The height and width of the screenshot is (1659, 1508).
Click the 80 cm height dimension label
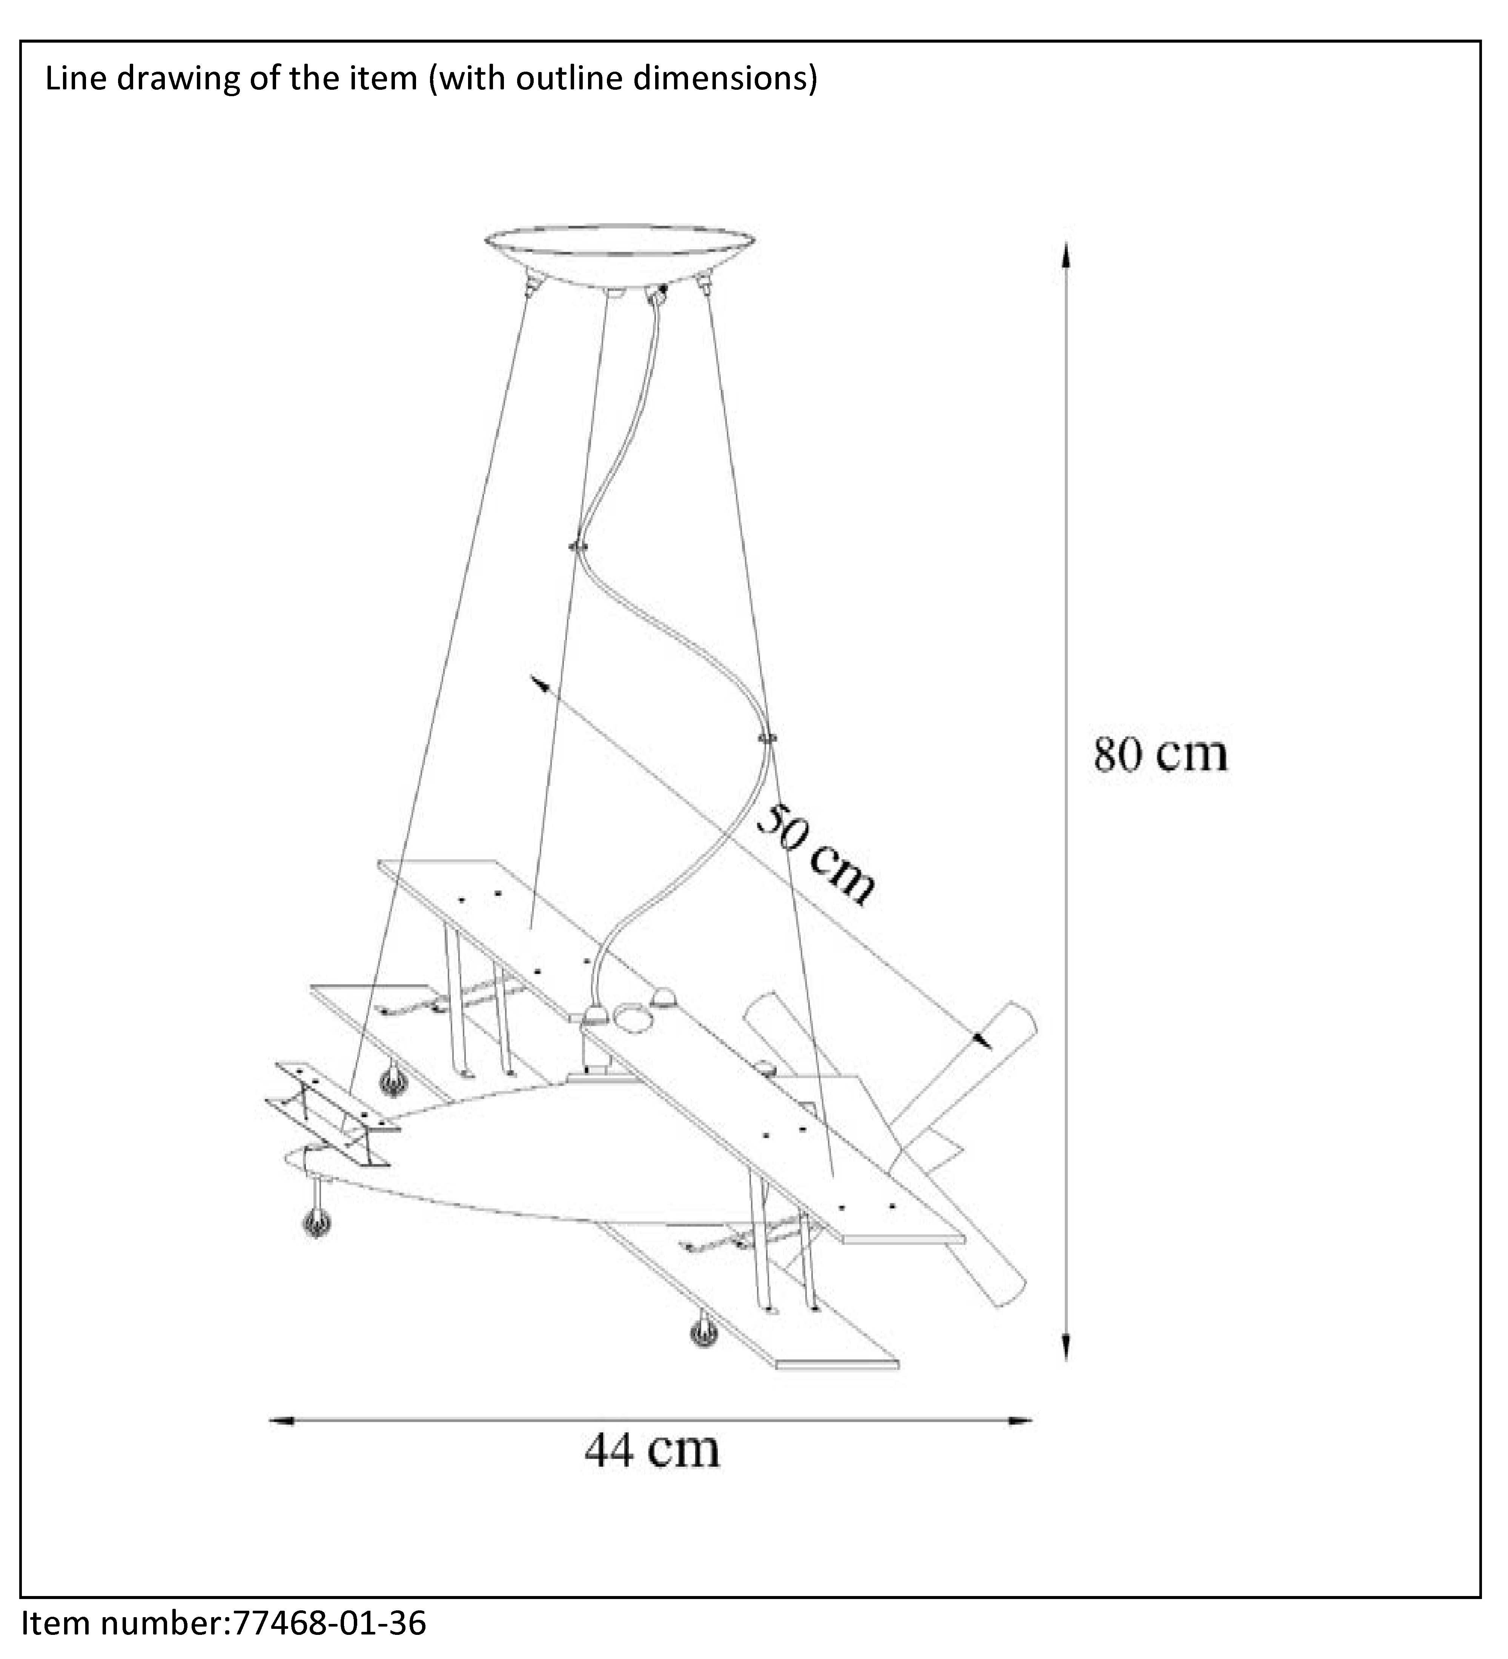point(1161,754)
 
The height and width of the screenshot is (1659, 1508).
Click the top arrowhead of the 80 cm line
point(1066,255)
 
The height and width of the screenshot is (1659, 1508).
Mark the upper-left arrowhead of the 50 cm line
point(539,684)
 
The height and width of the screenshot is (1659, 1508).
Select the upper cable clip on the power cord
point(579,546)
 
